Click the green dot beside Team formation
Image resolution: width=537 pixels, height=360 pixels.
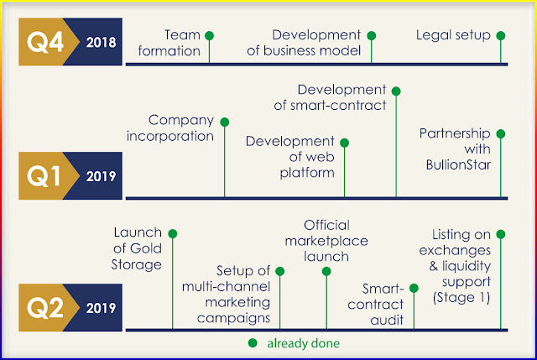click(x=210, y=35)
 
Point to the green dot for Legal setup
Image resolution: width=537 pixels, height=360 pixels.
click(x=501, y=35)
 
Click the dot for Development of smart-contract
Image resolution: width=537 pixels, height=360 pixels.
click(x=396, y=90)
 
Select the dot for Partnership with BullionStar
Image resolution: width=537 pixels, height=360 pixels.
click(x=502, y=133)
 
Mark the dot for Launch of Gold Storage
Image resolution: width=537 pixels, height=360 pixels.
click(x=172, y=232)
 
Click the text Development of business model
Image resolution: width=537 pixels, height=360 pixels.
click(x=320, y=43)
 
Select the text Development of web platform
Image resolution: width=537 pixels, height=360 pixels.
click(x=290, y=156)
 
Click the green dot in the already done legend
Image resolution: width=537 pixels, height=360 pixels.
click(x=252, y=343)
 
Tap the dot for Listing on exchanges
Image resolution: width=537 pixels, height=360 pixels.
click(x=501, y=234)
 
